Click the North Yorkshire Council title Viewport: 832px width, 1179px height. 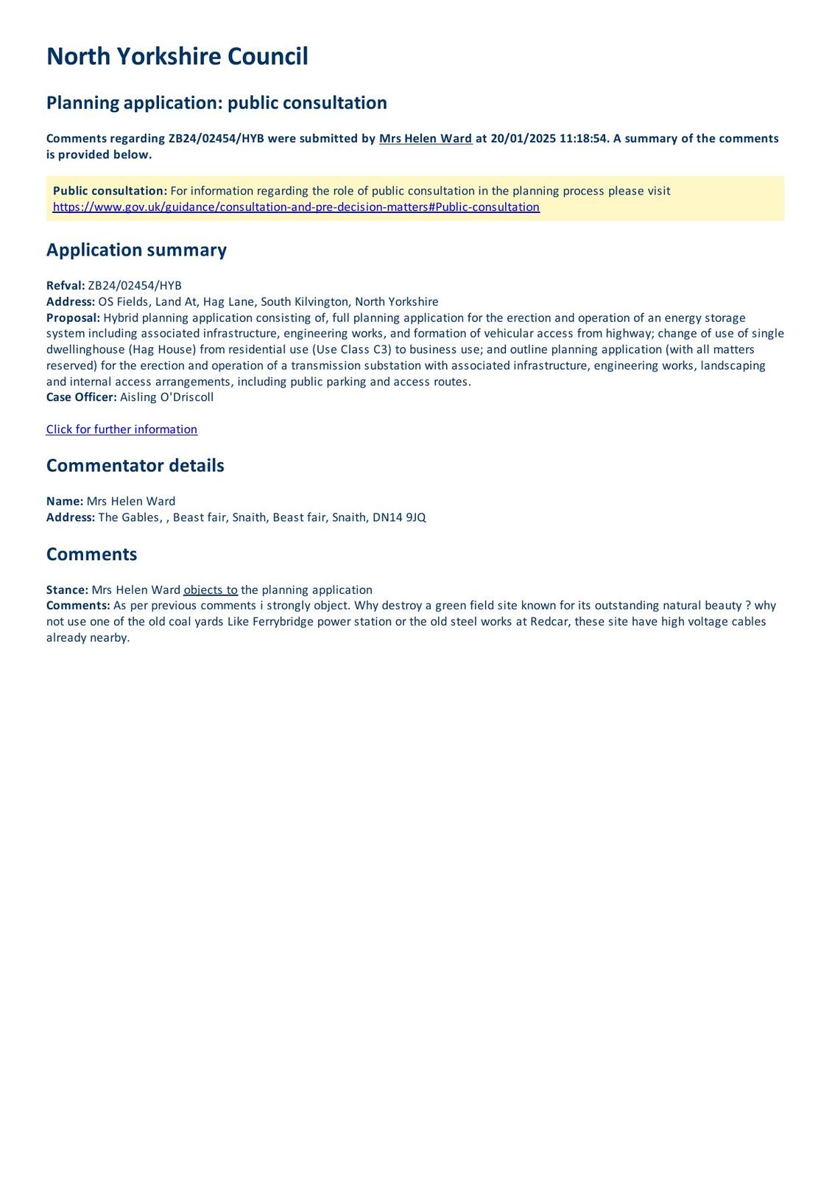pyautogui.click(x=177, y=57)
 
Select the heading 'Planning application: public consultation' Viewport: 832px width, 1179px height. pyautogui.click(x=216, y=102)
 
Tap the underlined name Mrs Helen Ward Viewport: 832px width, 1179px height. pyautogui.click(x=426, y=139)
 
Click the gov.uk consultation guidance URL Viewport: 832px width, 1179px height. pyautogui.click(x=296, y=207)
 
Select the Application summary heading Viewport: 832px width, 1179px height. pyautogui.click(x=136, y=250)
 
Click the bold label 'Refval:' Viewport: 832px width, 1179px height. pyautogui.click(x=66, y=286)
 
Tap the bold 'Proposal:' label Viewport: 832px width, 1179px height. pyautogui.click(x=73, y=318)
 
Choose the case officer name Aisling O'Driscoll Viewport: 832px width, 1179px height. pyautogui.click(x=166, y=397)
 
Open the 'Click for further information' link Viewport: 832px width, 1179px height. pyautogui.click(x=121, y=430)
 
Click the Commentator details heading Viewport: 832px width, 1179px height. pyautogui.click(x=135, y=466)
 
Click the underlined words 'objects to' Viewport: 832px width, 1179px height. pyautogui.click(x=211, y=590)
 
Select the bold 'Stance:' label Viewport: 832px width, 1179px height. pyautogui.click(x=67, y=590)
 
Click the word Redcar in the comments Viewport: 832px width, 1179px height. pyautogui.click(x=549, y=622)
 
